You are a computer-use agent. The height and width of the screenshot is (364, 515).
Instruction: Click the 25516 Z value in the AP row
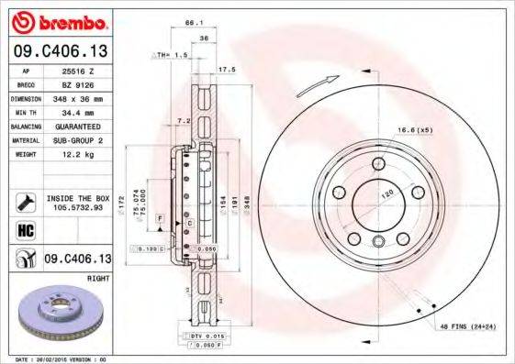pos(73,70)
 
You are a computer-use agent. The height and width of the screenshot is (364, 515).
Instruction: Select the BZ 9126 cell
pos(73,83)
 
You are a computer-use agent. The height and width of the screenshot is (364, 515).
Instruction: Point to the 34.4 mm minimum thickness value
pos(73,111)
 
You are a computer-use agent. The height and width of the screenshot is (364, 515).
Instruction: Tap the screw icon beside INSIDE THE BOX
pos(25,201)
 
